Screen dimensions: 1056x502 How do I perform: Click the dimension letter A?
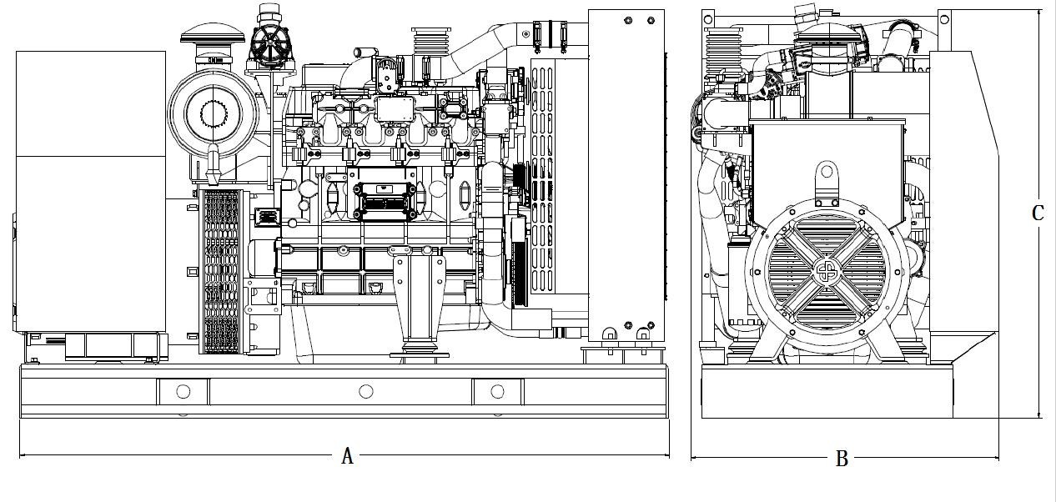348,456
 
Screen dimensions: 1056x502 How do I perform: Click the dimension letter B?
842,459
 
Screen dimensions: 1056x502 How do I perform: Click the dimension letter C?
1038,213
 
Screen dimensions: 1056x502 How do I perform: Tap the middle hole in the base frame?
366,391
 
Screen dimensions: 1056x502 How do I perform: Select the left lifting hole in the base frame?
183,391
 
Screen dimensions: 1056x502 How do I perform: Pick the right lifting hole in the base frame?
497,391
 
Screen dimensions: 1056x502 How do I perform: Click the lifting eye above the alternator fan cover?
827,178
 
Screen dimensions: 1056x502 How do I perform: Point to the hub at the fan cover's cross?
826,272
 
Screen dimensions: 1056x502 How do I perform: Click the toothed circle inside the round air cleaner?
214,114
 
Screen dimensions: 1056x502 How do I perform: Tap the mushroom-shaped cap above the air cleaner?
213,34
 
